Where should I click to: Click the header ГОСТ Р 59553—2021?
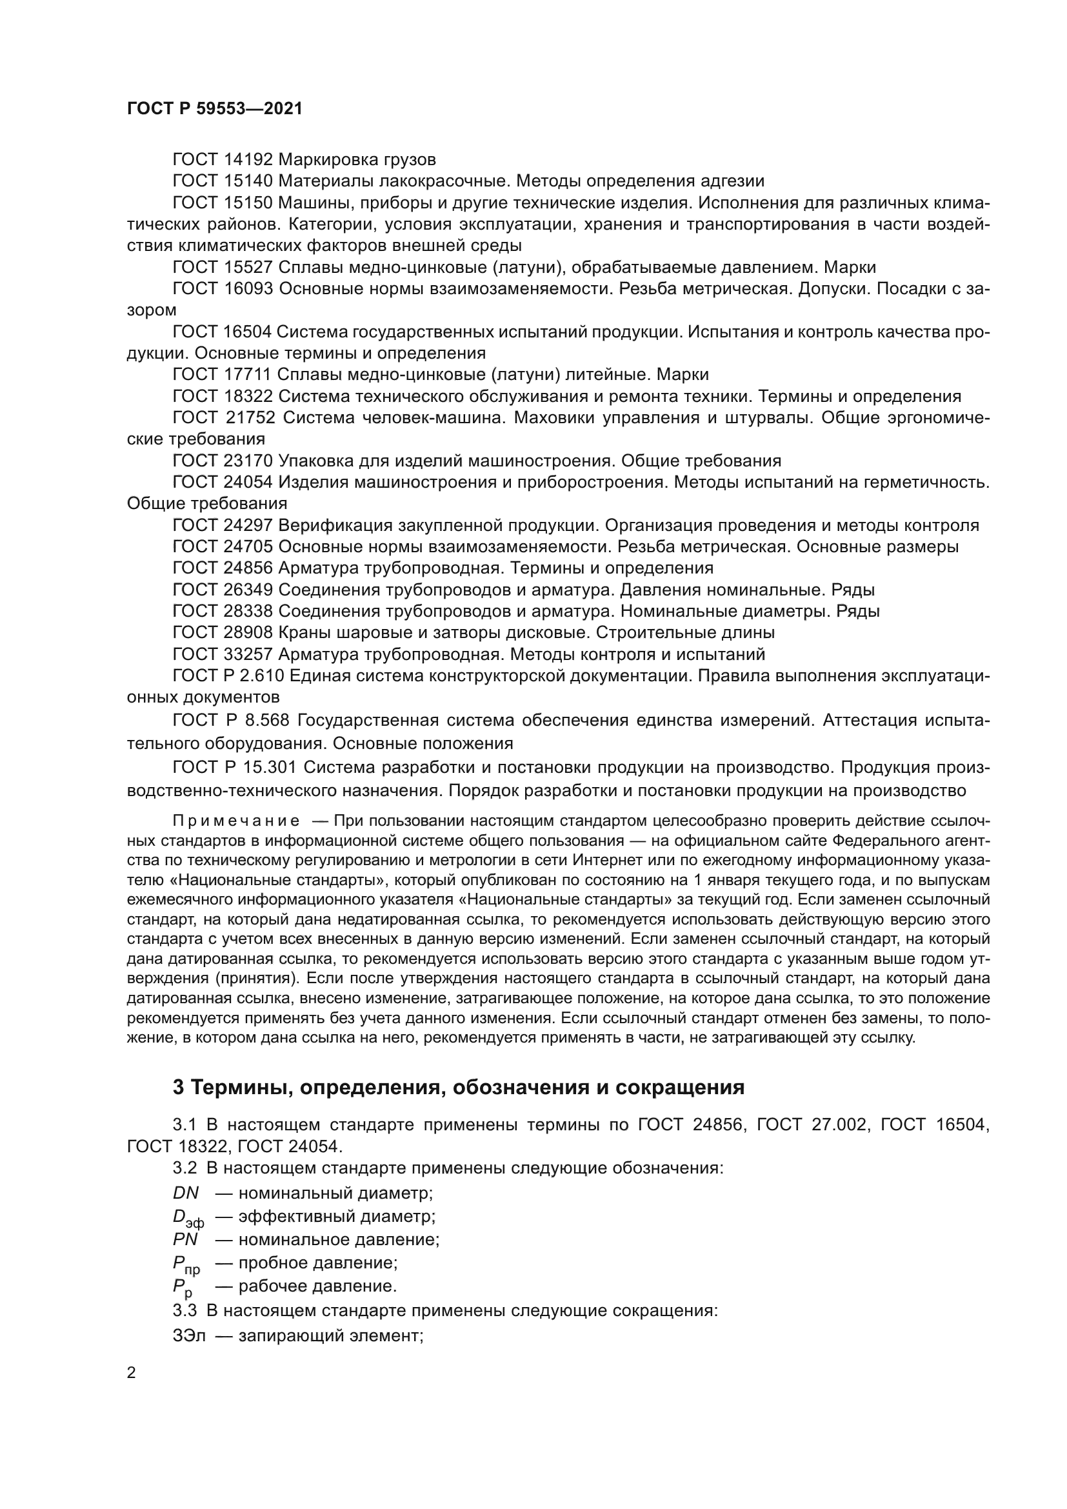[x=214, y=109]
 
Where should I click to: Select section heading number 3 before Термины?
[x=178, y=1088]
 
